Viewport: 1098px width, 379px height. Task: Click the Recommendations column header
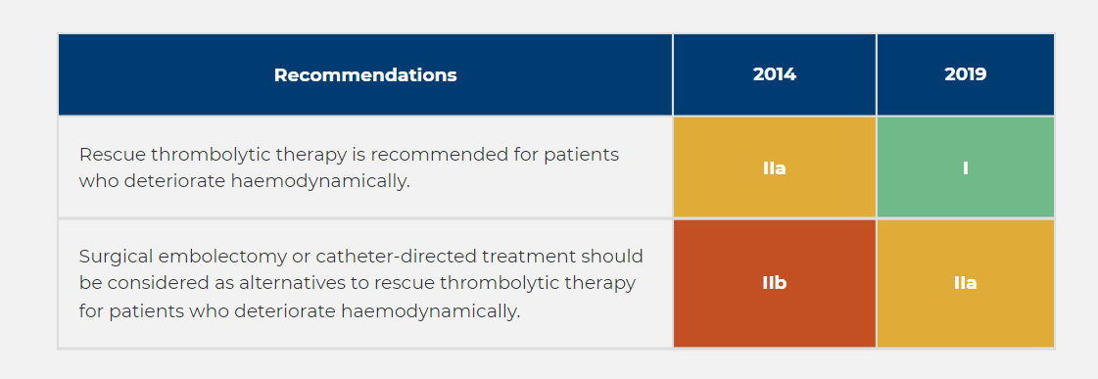click(x=364, y=75)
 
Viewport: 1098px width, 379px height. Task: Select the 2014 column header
click(x=774, y=75)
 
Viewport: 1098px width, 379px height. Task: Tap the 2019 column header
click(x=965, y=75)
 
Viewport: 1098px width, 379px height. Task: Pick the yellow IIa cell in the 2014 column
click(x=774, y=168)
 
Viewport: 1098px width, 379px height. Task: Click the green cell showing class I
click(x=965, y=168)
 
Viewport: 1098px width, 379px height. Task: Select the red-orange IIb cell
click(x=774, y=284)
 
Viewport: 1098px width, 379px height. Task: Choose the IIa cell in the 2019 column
click(x=965, y=284)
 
